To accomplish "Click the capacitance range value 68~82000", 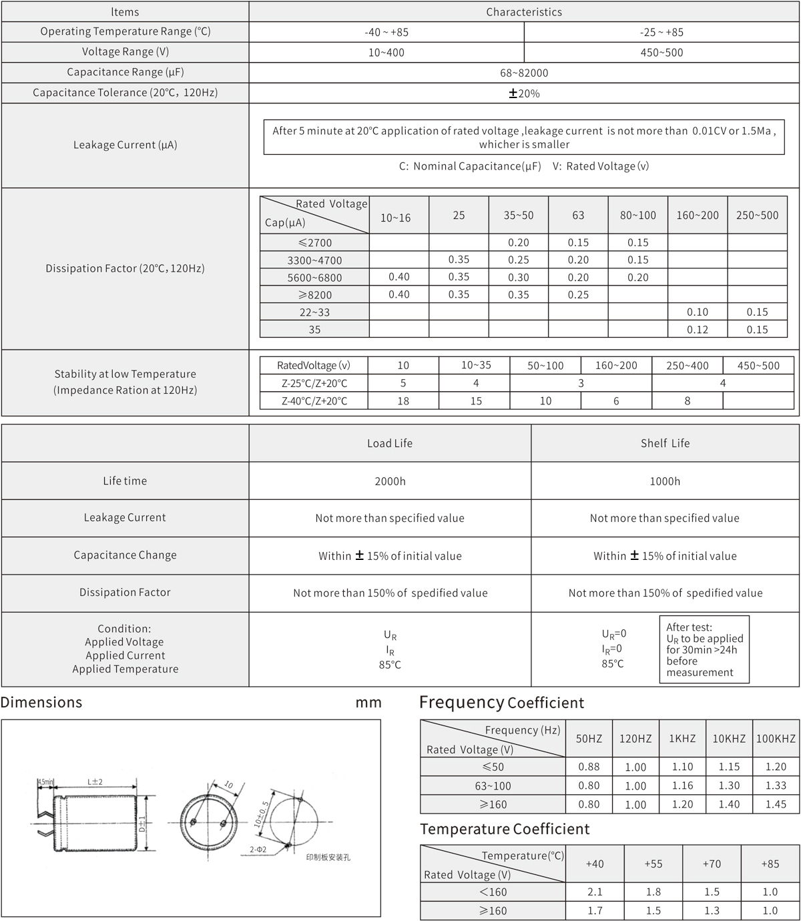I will point(524,73).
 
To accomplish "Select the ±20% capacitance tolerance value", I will point(524,93).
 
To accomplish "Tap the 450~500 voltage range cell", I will point(661,53).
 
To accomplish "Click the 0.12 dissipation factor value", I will point(698,330).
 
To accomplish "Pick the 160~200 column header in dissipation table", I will point(698,216).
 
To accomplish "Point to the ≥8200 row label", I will point(314,295).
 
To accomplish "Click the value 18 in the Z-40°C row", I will point(403,401).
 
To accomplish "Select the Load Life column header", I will point(390,443).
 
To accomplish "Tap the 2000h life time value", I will point(390,481).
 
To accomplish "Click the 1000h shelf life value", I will point(665,481).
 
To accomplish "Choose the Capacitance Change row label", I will point(125,555).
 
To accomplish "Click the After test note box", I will point(704,649).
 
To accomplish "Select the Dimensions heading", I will point(41,703).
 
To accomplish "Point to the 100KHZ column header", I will point(776,739).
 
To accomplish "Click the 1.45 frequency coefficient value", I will point(776,804).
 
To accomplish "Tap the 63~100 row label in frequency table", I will point(493,786).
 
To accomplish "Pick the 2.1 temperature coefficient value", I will point(594,892).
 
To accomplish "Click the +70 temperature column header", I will point(712,864).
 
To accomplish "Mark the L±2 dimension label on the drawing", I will point(95,782).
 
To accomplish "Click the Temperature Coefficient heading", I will point(505,829).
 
